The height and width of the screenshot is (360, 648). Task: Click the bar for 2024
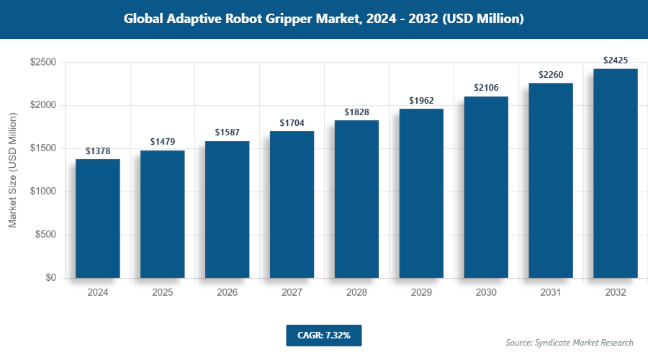click(x=97, y=218)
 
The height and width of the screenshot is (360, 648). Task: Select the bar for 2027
click(x=292, y=204)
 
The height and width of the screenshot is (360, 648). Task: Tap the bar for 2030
click(x=486, y=187)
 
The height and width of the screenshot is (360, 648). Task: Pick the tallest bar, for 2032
click(x=616, y=173)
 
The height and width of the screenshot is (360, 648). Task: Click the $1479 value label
click(x=162, y=143)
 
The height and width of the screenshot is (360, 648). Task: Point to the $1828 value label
click(x=356, y=112)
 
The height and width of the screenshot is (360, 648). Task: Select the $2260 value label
click(x=551, y=75)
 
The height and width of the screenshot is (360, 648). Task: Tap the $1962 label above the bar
click(x=421, y=101)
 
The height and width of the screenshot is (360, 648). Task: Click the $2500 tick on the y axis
click(x=43, y=63)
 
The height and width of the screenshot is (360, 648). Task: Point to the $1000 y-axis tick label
click(x=43, y=192)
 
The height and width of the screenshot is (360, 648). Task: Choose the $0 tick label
click(x=51, y=278)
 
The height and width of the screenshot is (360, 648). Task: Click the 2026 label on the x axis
click(x=227, y=293)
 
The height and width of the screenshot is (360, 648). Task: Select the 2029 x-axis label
click(x=421, y=293)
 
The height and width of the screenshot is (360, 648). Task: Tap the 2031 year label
click(x=551, y=293)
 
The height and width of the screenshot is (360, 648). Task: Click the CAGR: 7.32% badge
click(x=323, y=335)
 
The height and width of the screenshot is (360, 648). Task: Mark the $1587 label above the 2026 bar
click(x=227, y=133)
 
